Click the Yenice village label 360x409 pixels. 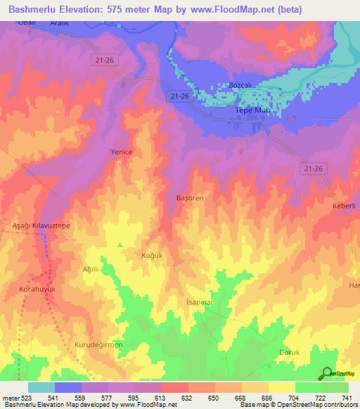121,152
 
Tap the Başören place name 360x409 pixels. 189,198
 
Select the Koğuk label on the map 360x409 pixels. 152,255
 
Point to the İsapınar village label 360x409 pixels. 199,300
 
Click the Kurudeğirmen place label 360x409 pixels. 98,344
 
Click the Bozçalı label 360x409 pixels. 240,85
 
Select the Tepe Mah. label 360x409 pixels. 252,111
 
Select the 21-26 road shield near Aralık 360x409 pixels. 103,60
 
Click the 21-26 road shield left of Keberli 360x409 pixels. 313,169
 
